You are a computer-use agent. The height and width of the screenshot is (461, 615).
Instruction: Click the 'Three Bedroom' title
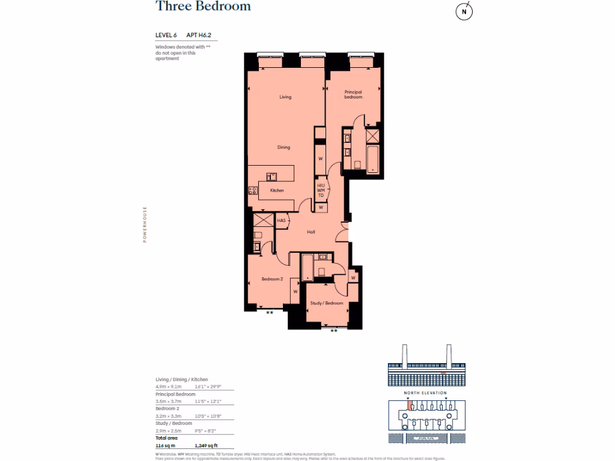coord(203,7)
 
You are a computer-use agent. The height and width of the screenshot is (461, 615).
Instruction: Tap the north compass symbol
coord(463,11)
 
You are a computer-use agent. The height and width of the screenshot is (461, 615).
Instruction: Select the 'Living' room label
coord(285,97)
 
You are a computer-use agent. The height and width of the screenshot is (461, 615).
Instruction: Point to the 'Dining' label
coord(283,147)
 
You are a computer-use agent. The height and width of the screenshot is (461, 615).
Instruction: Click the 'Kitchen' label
coord(277,190)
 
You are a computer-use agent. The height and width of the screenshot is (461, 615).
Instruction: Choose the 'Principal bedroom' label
coord(353,94)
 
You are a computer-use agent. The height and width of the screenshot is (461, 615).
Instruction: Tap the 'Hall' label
coord(311,232)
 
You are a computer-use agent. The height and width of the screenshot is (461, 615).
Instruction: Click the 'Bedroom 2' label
coord(272,279)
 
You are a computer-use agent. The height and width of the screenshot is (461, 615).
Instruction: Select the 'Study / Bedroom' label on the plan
coord(327,303)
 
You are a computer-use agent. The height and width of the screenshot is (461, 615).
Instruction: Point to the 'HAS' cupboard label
coord(281,221)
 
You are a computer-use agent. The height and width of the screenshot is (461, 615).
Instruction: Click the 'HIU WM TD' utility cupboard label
coord(321,191)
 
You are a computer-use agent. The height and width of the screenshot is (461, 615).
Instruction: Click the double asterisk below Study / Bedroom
coord(334,331)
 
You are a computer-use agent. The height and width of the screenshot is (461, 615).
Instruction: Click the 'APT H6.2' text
coord(198,35)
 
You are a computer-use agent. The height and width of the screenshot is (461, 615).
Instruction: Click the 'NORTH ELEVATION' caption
coord(425,393)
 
